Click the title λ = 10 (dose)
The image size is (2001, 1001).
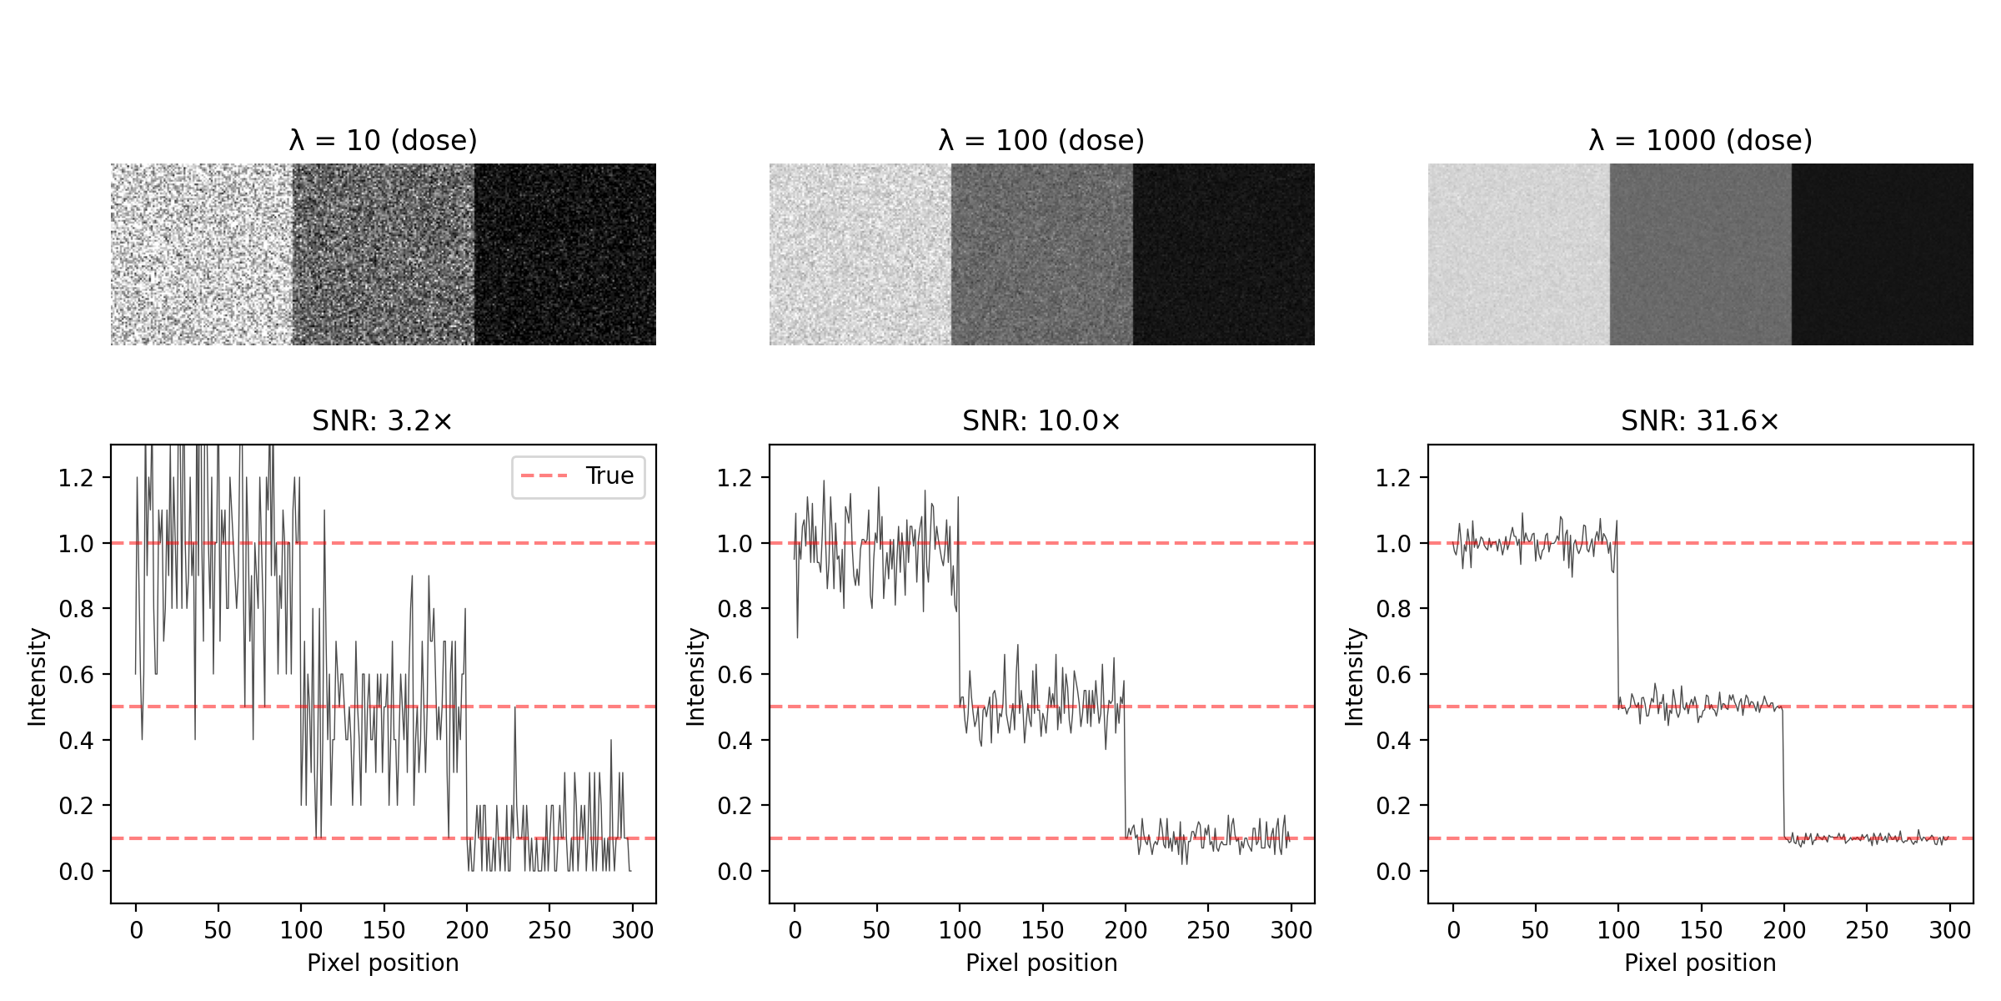[384, 140]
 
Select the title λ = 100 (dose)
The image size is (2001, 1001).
[1041, 140]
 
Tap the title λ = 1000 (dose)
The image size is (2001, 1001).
[1700, 140]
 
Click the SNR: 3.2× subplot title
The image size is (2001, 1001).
[383, 421]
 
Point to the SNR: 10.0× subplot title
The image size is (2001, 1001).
[1041, 421]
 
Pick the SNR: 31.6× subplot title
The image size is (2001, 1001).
[1700, 421]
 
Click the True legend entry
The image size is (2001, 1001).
[609, 475]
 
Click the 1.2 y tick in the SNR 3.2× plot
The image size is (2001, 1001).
[76, 479]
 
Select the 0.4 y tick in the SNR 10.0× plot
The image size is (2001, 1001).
[735, 741]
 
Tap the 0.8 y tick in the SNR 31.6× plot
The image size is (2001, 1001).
[1393, 610]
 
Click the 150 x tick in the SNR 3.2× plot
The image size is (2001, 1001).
[384, 930]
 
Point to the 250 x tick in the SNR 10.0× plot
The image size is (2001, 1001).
[1208, 930]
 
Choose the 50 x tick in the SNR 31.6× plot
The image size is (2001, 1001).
[1535, 930]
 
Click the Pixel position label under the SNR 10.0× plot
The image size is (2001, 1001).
[1041, 963]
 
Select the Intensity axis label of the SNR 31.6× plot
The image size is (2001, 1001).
[1355, 677]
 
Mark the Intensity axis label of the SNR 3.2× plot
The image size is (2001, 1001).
[38, 677]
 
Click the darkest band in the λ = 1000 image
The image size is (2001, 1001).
[1882, 254]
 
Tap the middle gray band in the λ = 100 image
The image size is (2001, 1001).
[1041, 254]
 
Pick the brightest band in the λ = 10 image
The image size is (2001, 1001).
[202, 254]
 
